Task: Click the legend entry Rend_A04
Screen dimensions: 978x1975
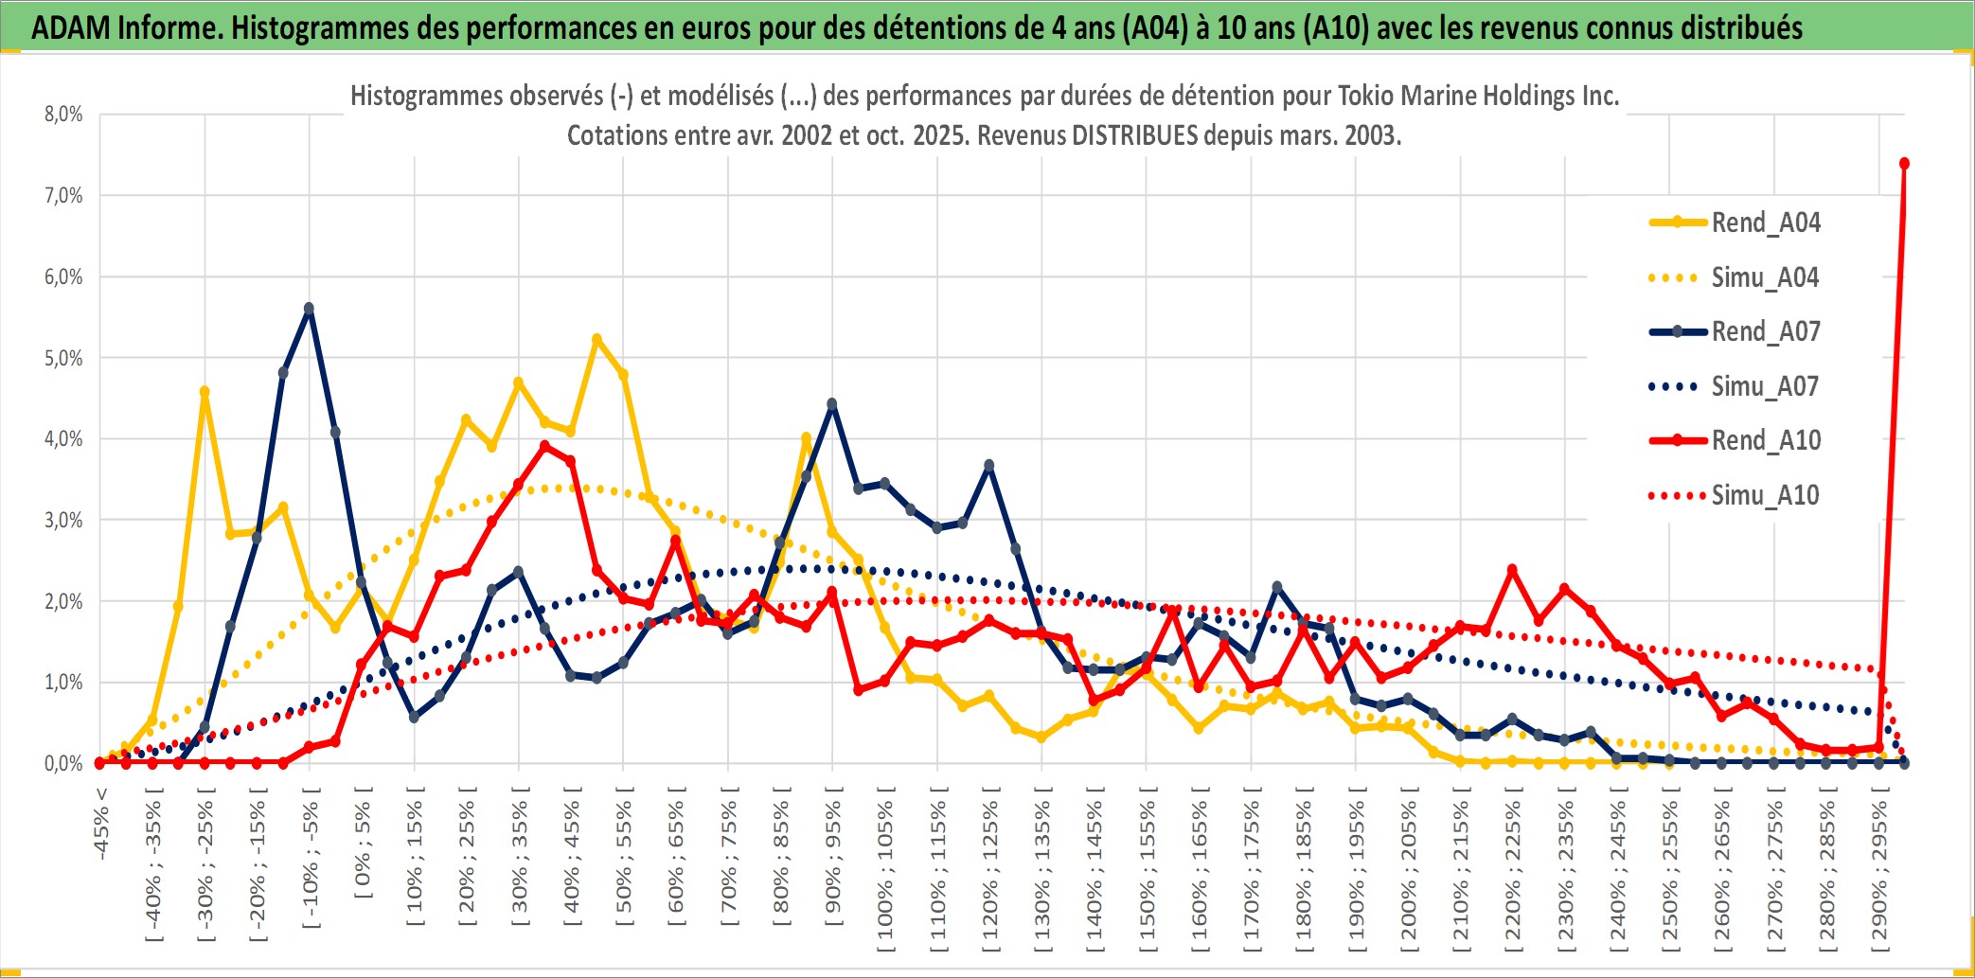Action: (1765, 222)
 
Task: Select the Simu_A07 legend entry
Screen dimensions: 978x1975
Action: (1765, 386)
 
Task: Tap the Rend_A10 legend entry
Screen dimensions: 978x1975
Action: (1765, 440)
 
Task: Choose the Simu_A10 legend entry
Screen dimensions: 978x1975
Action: (1765, 495)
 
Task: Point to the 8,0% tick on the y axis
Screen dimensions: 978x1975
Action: (63, 115)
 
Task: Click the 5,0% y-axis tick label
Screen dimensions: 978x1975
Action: (63, 358)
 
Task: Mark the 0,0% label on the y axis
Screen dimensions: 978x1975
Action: (63, 763)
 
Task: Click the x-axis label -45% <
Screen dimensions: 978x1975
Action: (101, 824)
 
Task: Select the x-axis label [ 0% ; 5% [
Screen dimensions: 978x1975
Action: (363, 843)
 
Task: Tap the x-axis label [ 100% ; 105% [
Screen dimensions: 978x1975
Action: (885, 871)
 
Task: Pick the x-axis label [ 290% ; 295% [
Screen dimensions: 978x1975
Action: (1879, 871)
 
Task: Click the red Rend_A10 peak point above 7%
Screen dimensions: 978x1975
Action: (1904, 164)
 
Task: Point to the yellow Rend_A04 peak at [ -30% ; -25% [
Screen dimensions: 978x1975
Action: (205, 391)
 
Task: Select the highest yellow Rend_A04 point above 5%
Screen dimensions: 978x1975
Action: (596, 339)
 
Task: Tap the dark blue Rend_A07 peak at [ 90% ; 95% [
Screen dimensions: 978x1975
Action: (832, 404)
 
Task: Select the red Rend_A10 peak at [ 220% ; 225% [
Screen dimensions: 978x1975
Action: (1512, 570)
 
